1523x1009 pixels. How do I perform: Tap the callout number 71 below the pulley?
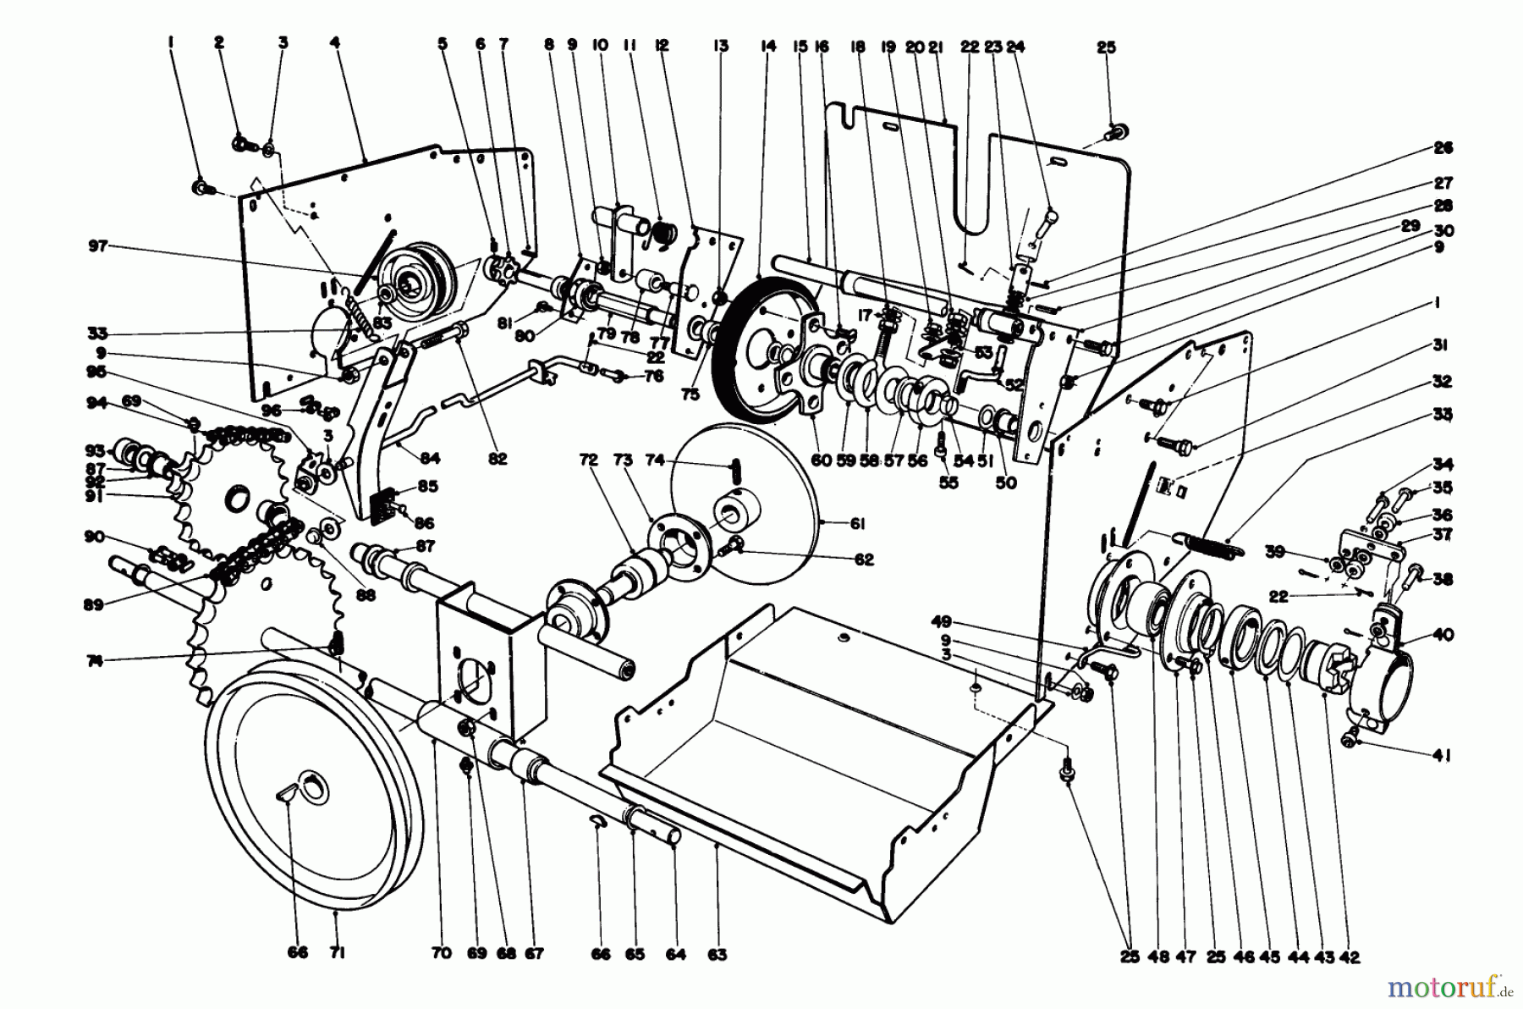[x=337, y=955]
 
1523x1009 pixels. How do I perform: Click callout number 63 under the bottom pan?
[x=717, y=955]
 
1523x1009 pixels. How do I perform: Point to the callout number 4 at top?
[x=335, y=46]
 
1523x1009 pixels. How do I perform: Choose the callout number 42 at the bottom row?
[x=1350, y=957]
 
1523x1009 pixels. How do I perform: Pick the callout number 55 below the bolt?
[x=939, y=483]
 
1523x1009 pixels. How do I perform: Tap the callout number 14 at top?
[x=767, y=47]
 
